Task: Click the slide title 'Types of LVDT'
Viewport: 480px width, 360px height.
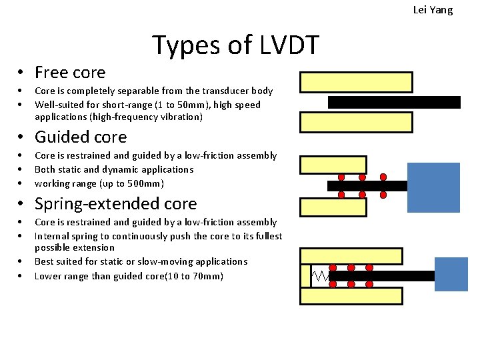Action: [x=236, y=45]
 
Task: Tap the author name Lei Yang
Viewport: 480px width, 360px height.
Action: [x=433, y=10]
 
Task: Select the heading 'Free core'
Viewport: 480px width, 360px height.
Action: [x=70, y=72]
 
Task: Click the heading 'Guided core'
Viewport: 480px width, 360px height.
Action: [x=80, y=137]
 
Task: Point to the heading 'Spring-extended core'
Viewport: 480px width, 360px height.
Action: [x=115, y=203]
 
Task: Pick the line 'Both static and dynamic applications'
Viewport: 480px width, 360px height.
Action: [x=114, y=169]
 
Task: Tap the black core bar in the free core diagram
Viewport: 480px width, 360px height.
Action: [x=394, y=102]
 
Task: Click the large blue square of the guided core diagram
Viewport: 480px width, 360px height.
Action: [x=433, y=187]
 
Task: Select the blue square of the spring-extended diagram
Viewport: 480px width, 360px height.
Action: [x=451, y=274]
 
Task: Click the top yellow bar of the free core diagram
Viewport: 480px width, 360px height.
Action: [x=356, y=82]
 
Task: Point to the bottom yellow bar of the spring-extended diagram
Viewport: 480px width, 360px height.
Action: [x=351, y=295]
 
